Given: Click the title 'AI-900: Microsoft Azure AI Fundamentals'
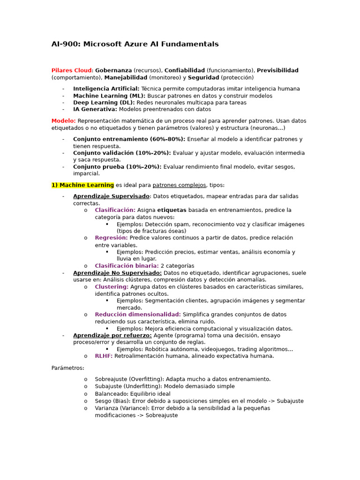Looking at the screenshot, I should [135, 45].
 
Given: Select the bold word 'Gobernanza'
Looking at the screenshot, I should [113, 70].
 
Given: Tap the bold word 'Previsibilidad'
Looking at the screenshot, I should [277, 70].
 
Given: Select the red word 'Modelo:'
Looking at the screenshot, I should [63, 121].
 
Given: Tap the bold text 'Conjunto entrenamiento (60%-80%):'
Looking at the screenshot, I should [129, 139].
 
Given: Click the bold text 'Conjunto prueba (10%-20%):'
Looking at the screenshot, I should [117, 167].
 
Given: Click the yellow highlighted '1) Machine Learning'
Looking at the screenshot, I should [82, 185].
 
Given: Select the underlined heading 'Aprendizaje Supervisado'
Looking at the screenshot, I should [111, 196].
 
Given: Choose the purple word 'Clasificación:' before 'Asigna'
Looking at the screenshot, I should [115, 210].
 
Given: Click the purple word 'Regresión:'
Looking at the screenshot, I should [111, 238].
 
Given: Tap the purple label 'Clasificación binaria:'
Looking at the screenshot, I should [127, 266].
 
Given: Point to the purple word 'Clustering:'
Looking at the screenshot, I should [112, 287].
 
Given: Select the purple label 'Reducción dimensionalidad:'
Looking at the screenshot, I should [138, 315].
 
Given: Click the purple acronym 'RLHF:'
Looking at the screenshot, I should [104, 356].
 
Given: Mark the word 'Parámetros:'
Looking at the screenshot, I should [67, 368].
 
